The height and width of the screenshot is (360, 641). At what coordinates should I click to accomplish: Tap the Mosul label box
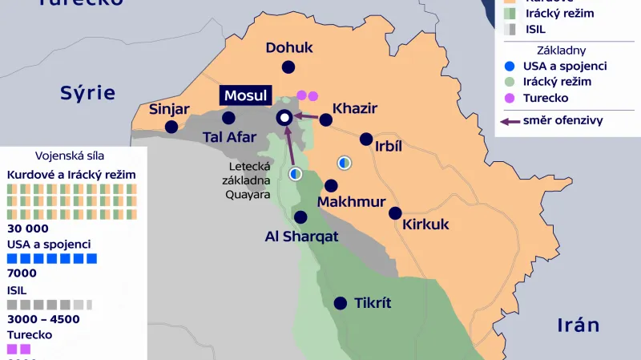[245, 95]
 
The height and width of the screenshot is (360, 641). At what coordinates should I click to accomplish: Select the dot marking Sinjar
[171, 127]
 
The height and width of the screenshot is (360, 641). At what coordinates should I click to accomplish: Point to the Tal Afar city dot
[228, 118]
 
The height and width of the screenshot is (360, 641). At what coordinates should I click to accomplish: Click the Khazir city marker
[325, 120]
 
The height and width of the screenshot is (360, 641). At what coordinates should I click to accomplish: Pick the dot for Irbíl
[366, 139]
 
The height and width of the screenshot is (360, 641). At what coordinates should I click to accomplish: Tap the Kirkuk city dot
[395, 213]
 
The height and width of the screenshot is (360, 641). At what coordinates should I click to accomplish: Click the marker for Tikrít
[341, 303]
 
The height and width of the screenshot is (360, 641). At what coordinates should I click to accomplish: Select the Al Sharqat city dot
[300, 216]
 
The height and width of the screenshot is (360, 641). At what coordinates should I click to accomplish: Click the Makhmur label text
[352, 202]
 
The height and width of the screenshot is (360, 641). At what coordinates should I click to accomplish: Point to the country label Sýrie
[88, 93]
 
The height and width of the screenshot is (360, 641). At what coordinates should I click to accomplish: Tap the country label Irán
[579, 325]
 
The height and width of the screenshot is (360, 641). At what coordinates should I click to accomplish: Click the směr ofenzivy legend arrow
[508, 121]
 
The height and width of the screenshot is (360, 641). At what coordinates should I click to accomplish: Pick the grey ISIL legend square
[510, 29]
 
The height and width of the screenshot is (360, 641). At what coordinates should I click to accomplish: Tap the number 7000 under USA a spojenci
[22, 273]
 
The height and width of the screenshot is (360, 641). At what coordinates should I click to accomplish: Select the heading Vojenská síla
[70, 156]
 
